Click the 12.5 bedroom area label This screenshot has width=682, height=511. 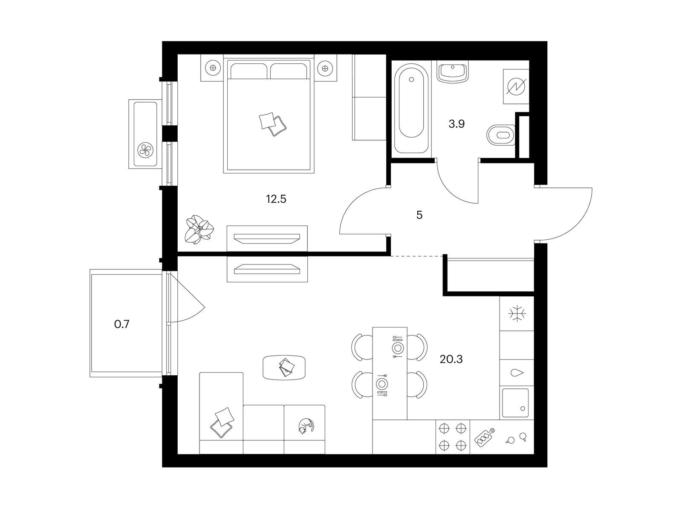[276, 199]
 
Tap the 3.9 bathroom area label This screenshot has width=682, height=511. [457, 124]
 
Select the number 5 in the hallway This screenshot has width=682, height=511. [419, 215]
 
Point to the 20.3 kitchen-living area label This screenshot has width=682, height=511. [451, 359]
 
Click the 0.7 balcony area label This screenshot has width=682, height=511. [122, 324]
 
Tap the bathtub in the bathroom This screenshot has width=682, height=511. [411, 108]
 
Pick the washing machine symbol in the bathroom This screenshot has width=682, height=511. [516, 86]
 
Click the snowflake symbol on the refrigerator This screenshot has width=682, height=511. [517, 314]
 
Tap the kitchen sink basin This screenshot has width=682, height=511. [515, 403]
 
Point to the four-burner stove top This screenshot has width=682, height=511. [453, 437]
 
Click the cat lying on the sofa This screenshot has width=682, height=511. [306, 426]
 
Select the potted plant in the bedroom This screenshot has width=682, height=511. [199, 229]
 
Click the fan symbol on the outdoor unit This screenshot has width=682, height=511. [145, 150]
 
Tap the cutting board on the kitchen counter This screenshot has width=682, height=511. [484, 437]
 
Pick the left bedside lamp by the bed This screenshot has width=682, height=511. [213, 68]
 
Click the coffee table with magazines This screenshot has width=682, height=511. [284, 367]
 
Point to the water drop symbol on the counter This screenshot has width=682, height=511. [517, 373]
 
